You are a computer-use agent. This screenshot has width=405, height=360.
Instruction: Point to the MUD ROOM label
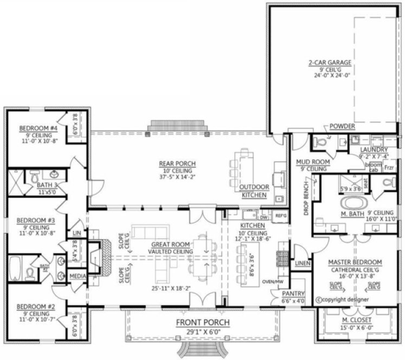310,162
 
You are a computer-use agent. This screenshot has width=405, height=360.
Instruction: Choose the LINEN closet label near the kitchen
301,263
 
